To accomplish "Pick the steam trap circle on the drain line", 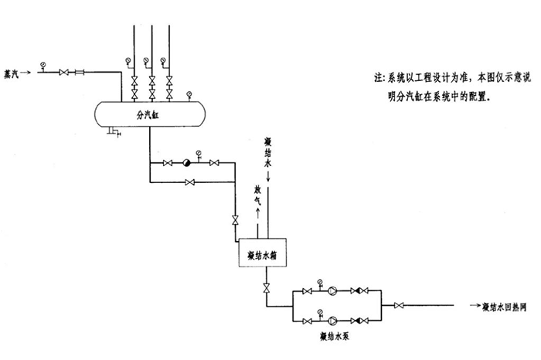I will point(185,163).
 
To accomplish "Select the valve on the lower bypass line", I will point(190,182).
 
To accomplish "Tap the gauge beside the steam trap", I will point(199,153).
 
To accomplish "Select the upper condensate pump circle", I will point(331,292).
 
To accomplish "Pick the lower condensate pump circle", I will point(331,320).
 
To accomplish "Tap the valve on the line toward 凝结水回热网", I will point(399,307).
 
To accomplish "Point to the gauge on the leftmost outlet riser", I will point(125,60).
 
